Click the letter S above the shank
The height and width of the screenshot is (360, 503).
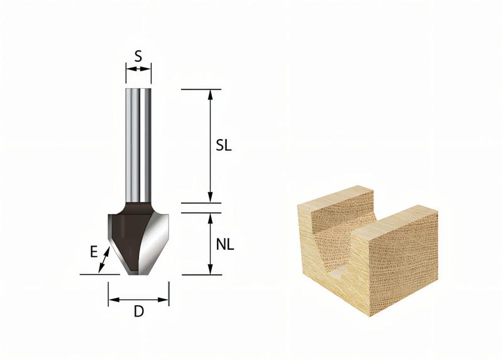click(138, 55)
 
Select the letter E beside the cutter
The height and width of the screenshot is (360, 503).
click(93, 252)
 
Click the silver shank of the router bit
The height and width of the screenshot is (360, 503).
click(138, 145)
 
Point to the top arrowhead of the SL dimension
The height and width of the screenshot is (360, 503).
click(211, 93)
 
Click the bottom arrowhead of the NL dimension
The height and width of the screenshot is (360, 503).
click(211, 271)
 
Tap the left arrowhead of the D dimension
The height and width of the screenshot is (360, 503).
click(112, 301)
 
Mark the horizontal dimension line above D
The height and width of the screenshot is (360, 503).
click(138, 301)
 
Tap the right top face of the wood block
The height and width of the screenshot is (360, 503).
click(402, 217)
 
